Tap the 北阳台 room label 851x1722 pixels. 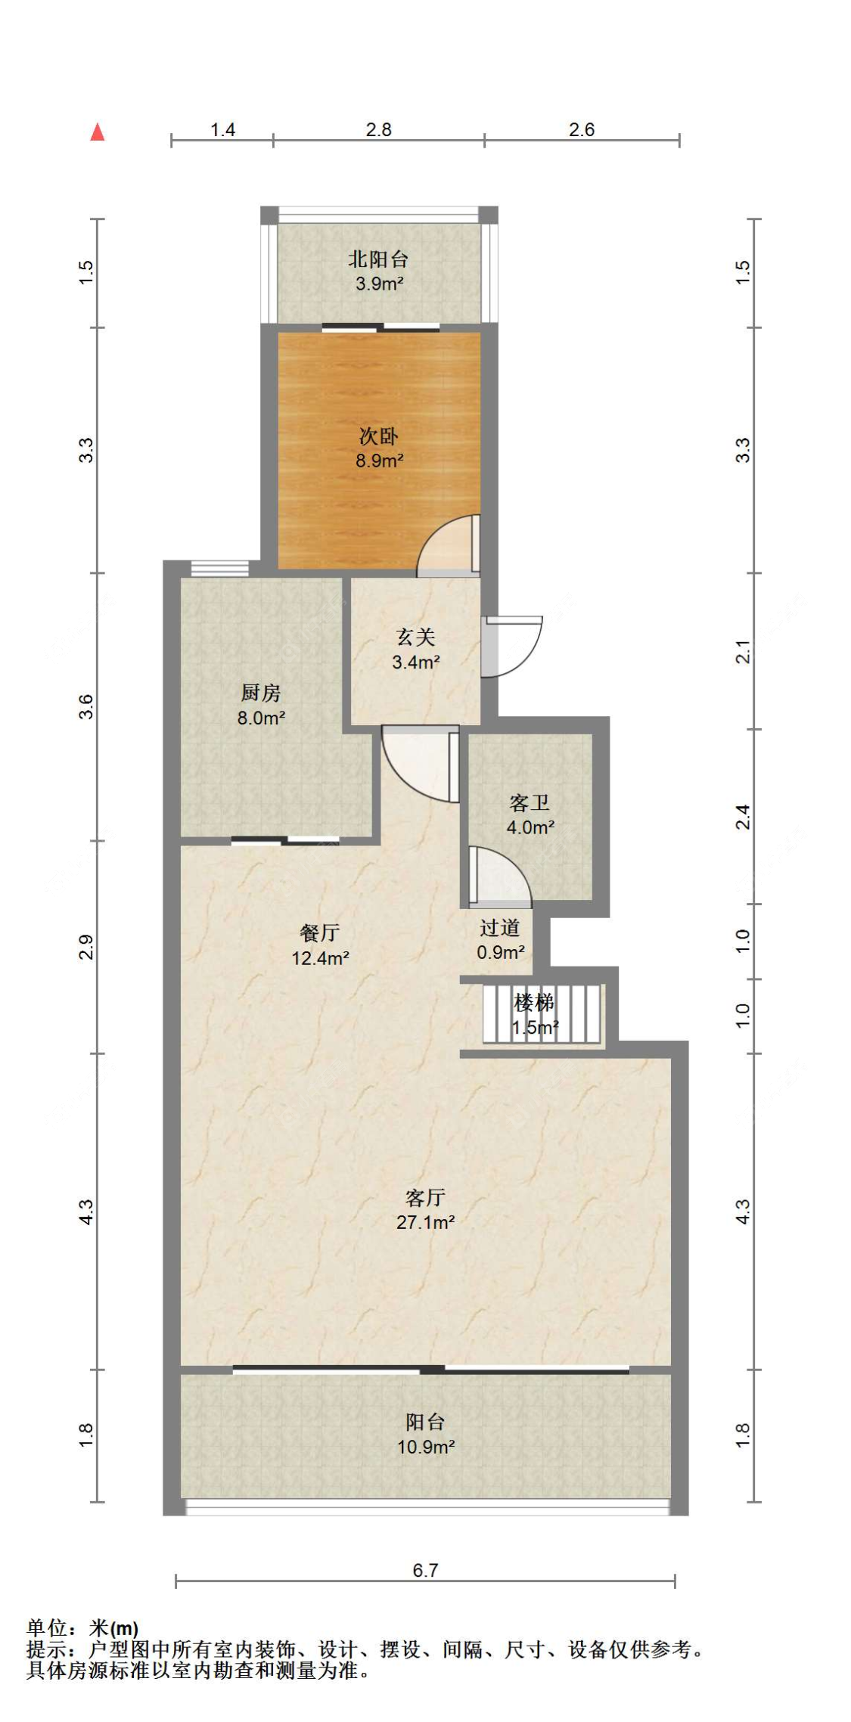[378, 259]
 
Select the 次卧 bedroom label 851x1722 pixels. [378, 436]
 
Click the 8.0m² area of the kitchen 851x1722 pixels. [261, 718]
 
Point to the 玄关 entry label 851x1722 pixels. [416, 637]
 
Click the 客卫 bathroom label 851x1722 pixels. [530, 802]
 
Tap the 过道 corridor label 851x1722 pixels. [500, 927]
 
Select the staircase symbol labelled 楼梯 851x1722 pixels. [543, 1013]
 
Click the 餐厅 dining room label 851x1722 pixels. [320, 932]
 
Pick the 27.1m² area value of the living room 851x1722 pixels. [425, 1222]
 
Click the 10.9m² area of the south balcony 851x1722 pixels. [426, 1447]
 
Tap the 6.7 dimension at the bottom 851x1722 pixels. [425, 1570]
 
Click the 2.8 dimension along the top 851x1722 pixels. [378, 129]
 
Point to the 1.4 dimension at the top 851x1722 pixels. [222, 129]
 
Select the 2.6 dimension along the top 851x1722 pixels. [582, 129]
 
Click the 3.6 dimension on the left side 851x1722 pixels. [87, 706]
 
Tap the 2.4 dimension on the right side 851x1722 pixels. [744, 817]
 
